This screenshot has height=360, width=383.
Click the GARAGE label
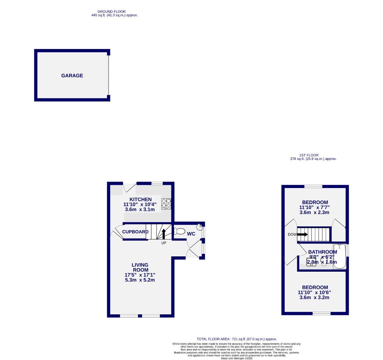coord(72,76)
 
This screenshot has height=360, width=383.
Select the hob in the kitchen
coord(166,203)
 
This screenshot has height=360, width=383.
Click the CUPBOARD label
coord(135,232)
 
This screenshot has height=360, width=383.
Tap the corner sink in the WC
coord(200,227)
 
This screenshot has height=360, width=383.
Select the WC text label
coord(191,234)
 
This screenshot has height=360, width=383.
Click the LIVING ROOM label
coord(140,267)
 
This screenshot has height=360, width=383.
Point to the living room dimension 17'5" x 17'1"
coord(140,275)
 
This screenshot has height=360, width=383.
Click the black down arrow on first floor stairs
coord(302,234)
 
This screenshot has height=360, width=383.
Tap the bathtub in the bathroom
coord(339,256)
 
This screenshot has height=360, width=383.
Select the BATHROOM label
coord(322,252)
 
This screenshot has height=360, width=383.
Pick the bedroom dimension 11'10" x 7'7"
coord(315,207)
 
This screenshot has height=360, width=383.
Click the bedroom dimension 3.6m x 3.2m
coord(315,297)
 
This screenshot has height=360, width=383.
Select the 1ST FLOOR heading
coord(309,155)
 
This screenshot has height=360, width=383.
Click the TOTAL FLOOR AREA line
coord(237,339)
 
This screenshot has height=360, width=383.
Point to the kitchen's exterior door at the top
coord(129,187)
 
